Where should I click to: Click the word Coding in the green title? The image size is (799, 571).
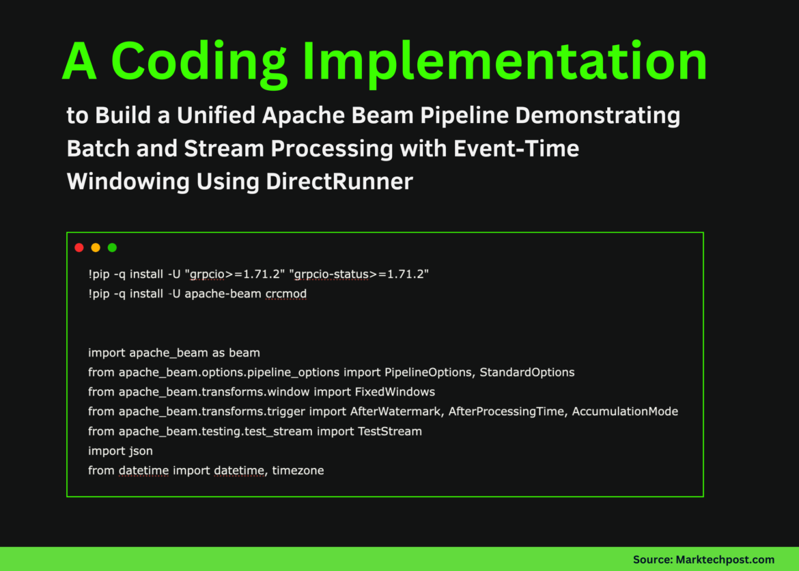pyautogui.click(x=199, y=61)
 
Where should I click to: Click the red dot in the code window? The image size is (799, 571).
pyautogui.click(x=79, y=247)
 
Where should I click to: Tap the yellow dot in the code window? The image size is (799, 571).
pyautogui.click(x=96, y=247)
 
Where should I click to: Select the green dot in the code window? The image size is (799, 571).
pyautogui.click(x=112, y=247)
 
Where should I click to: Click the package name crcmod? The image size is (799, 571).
pyautogui.click(x=285, y=294)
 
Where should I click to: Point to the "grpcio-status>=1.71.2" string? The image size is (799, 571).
pyautogui.click(x=359, y=274)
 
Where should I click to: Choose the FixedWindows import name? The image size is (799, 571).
pyautogui.click(x=395, y=392)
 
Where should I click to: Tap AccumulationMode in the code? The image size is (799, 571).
pyautogui.click(x=625, y=411)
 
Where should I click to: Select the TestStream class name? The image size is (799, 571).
pyautogui.click(x=390, y=431)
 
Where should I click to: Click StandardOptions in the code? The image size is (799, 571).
pyautogui.click(x=527, y=372)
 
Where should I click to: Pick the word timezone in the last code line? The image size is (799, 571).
pyautogui.click(x=298, y=471)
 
